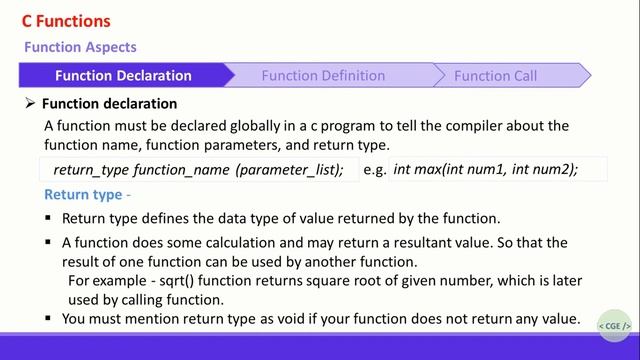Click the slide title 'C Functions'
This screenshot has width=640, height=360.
pos(66,21)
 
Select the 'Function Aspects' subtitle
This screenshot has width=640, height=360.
pos(80,47)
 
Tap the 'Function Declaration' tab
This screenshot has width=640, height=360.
pos(123,75)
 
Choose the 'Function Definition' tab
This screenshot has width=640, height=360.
pos(323,75)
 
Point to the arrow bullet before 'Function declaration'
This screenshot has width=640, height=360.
pos(30,104)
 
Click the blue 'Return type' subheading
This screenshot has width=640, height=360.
pos(82,194)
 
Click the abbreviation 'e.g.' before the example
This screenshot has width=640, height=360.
pos(374,170)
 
